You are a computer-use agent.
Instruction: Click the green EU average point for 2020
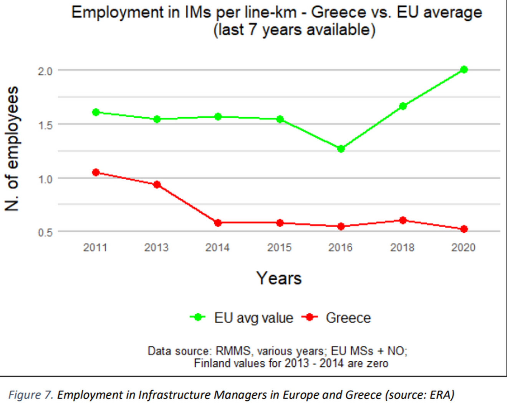(464, 70)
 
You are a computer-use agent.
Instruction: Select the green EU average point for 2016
(341, 149)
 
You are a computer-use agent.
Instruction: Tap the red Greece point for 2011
(96, 172)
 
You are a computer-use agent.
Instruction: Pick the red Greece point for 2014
(218, 223)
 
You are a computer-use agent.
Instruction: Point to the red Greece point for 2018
(403, 220)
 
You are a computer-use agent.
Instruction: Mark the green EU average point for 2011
(96, 112)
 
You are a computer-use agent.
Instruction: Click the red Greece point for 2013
(157, 185)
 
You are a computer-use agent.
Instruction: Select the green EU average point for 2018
(403, 106)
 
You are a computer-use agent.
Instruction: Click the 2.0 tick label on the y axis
(45, 71)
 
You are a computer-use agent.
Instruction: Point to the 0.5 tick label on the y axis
(45, 233)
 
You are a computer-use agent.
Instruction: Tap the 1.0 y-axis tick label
(45, 179)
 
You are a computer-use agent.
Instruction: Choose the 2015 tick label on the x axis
(279, 247)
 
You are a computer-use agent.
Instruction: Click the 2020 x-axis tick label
(463, 247)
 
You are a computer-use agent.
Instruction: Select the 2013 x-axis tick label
(156, 247)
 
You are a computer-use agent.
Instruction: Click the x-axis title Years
(279, 278)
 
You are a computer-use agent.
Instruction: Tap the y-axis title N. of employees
(12, 149)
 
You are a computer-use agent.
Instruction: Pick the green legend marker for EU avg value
(198, 317)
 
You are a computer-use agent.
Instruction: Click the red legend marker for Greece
(310, 317)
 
